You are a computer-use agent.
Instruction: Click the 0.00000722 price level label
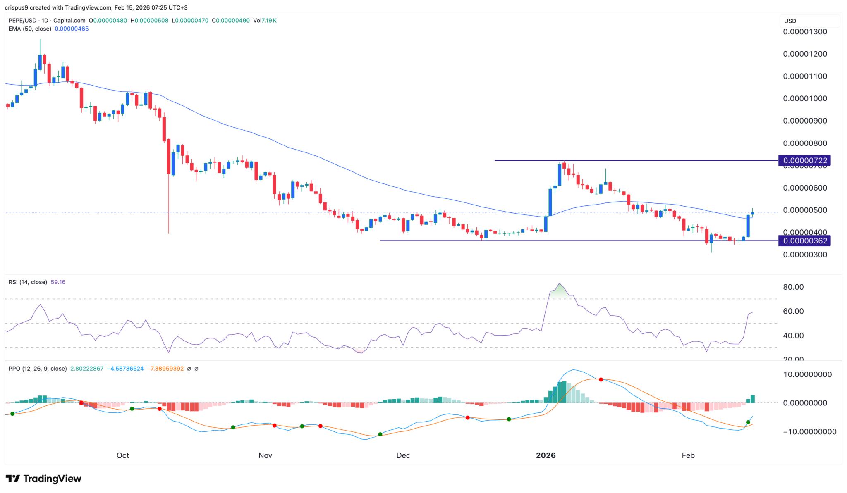click(804, 160)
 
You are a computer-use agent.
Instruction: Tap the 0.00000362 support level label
click(804, 241)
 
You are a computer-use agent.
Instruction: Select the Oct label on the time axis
click(123, 455)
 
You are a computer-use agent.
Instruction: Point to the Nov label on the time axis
click(265, 455)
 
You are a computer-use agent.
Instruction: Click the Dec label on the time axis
click(403, 455)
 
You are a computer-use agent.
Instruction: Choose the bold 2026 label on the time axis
click(546, 455)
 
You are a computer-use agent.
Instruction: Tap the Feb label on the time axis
click(688, 455)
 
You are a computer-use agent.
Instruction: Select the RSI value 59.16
click(58, 282)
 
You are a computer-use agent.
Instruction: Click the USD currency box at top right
click(809, 21)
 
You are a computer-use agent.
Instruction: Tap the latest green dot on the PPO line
click(748, 422)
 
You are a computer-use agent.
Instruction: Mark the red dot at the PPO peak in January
click(601, 379)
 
